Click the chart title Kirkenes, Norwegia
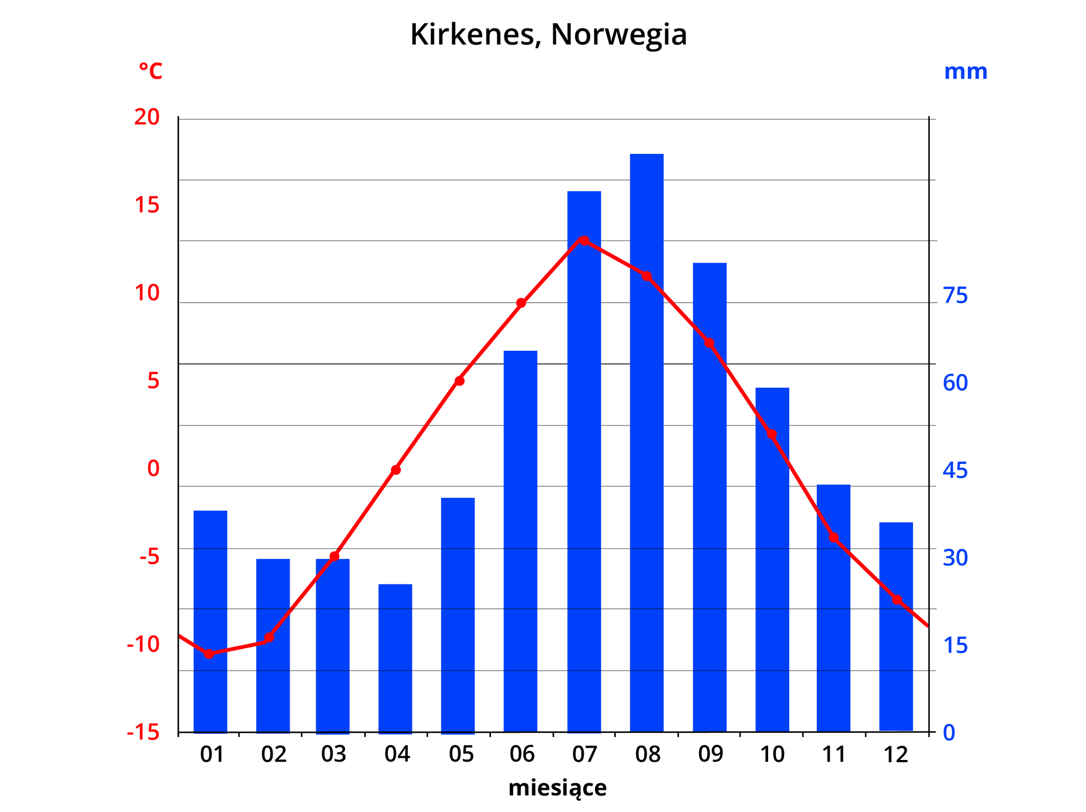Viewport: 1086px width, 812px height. coord(548,35)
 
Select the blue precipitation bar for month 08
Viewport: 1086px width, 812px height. coord(647,441)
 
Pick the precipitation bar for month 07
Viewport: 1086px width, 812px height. coord(584,461)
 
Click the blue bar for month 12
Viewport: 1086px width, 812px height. coord(896,626)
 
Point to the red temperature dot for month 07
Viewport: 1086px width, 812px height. coord(584,240)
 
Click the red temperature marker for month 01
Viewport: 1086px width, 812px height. coord(209,654)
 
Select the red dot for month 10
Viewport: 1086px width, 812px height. coord(772,434)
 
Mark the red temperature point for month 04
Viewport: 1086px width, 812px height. coord(396,470)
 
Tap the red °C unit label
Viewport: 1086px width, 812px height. coord(150,72)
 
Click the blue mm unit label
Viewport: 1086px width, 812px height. coord(966,72)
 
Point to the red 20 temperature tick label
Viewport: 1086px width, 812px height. coord(147,117)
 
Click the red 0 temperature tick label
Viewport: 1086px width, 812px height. coord(153,469)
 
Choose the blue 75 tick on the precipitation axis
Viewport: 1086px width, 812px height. coord(955,295)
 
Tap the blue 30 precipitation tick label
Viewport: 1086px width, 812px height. coord(955,557)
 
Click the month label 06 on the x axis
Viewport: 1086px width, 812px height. coord(522,754)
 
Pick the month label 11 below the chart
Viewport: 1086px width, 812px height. coord(834,754)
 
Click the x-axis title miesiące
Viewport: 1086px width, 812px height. coord(557,788)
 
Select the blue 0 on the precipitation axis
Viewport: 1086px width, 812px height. coord(949,732)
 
